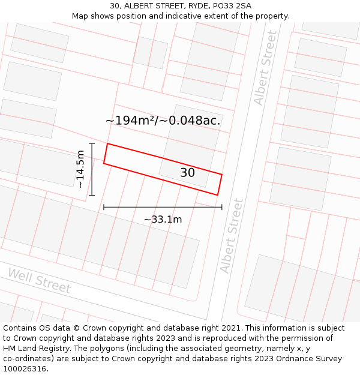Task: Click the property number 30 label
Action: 187,173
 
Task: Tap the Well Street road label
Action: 39,280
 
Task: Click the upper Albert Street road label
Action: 266,68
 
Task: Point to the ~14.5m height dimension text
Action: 80,170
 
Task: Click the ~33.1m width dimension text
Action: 163,220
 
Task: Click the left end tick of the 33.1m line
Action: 104,207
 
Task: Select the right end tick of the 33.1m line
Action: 222,207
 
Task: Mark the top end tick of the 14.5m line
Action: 92,144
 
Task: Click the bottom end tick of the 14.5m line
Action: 92,195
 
